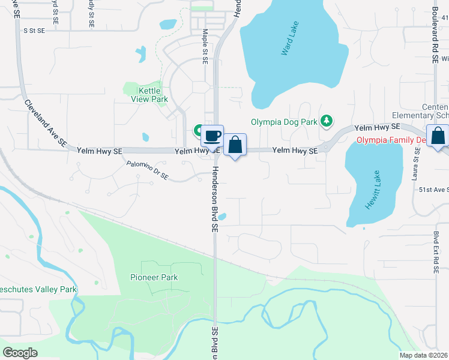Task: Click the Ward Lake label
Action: tap(291, 39)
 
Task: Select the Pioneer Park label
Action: tap(154, 277)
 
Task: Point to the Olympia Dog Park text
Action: tap(283, 122)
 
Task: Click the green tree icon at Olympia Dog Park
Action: tap(327, 122)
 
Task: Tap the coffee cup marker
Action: tap(212, 136)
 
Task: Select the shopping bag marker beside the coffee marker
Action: tap(235, 145)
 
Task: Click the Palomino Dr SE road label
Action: tap(148, 170)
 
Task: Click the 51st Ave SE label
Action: tap(433, 190)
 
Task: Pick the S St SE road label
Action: tap(34, 29)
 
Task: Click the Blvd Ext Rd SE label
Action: tap(435, 253)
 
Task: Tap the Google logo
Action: tap(20, 352)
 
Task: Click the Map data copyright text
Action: tap(424, 355)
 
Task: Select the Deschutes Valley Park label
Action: tap(38, 289)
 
